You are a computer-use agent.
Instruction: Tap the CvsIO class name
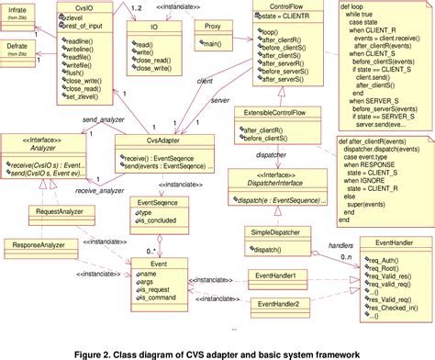pos(84,8)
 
